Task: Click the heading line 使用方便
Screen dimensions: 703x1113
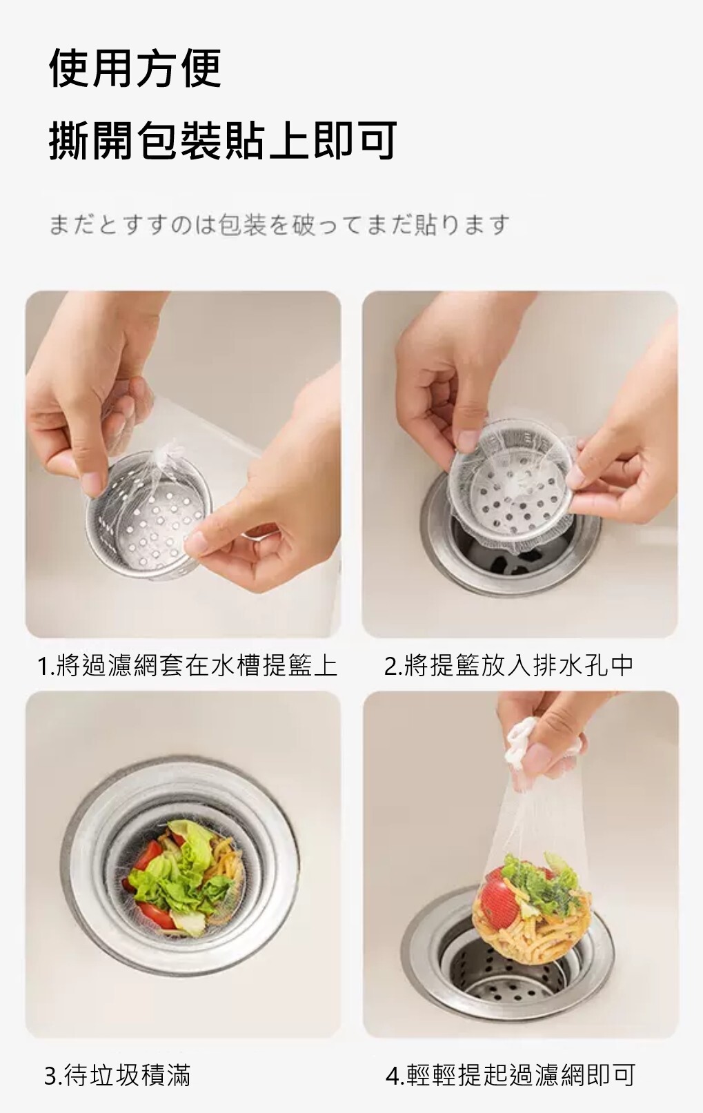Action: (135, 68)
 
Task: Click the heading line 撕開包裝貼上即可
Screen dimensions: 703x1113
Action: (223, 141)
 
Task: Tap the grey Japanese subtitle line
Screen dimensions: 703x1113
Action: (279, 224)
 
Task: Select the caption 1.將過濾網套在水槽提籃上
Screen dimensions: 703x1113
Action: (187, 666)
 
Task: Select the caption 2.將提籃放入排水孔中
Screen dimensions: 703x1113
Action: (508, 666)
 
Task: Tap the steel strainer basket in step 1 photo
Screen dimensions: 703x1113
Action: (149, 517)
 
